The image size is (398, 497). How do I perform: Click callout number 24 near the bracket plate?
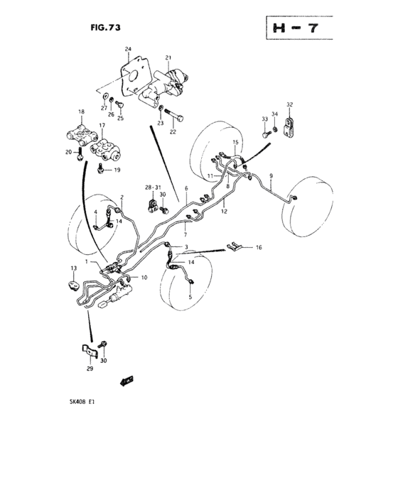tap(129, 49)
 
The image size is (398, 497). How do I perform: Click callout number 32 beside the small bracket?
tap(289, 104)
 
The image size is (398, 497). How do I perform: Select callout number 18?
tap(81, 112)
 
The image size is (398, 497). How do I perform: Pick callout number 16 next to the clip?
tap(259, 248)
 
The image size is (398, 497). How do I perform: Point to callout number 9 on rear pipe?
tap(271, 175)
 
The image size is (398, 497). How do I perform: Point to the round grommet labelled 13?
tap(73, 285)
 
